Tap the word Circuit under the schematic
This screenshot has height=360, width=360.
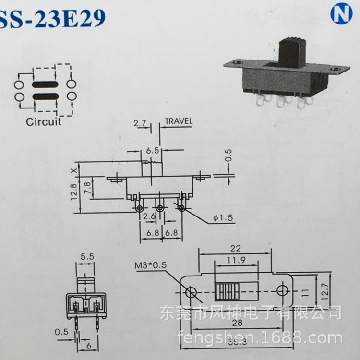[x=44, y=121]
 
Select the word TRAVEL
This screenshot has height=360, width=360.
[x=178, y=121]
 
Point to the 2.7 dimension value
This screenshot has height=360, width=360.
[x=140, y=124]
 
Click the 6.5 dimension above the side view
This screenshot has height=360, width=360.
[x=153, y=150]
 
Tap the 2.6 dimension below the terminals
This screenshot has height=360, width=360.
[x=149, y=216]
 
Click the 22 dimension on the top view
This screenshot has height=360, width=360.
[x=236, y=248]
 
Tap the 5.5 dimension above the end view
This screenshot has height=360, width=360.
[x=87, y=257]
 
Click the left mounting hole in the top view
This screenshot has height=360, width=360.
[x=191, y=291]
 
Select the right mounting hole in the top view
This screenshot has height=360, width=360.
[x=282, y=290]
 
